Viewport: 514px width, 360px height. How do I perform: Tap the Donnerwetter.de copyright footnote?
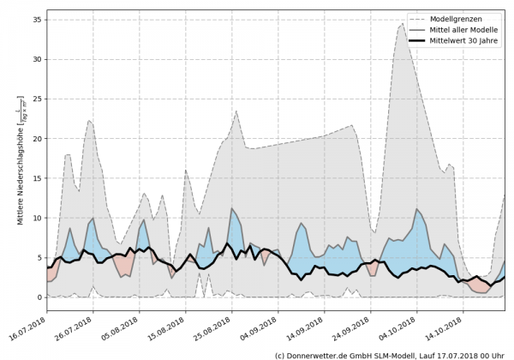click(x=389, y=354)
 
